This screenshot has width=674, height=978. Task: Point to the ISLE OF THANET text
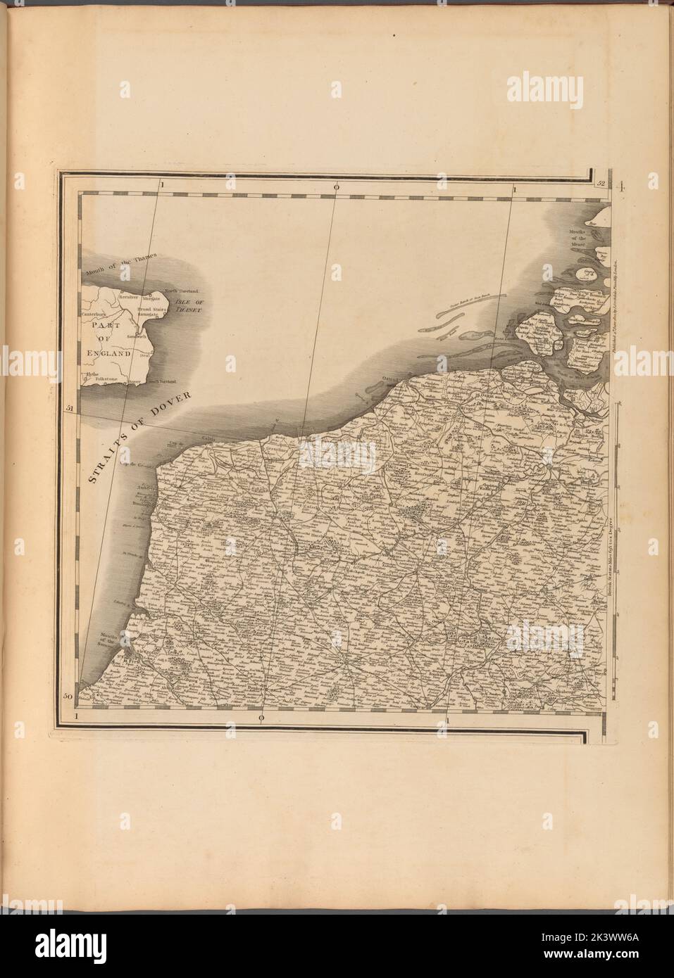184,304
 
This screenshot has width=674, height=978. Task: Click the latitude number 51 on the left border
69,407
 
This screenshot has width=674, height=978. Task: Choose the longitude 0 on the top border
337,186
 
